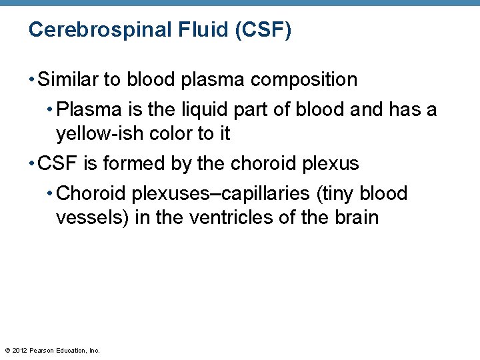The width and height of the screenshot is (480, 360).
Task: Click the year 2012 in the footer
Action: pos(20,350)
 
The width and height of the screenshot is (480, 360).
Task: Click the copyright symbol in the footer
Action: pos(7,350)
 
